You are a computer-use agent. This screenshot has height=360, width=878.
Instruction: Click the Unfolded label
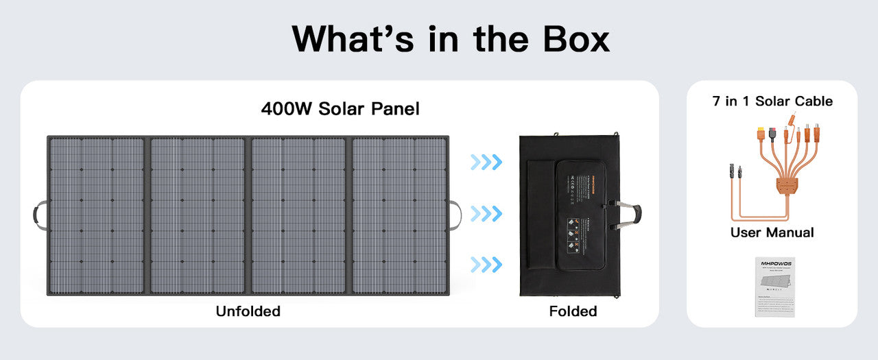pos(248,311)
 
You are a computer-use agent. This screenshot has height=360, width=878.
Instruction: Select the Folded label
pos(573,311)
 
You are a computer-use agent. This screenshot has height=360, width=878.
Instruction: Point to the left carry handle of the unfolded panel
pos(39,215)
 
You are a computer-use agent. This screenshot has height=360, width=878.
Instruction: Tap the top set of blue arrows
pos(486,163)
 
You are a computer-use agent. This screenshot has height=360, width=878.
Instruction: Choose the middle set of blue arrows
pos(486,214)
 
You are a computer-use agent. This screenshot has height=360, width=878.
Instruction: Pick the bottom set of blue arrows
pos(486,264)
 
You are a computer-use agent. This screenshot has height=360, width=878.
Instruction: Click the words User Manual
pos(772,232)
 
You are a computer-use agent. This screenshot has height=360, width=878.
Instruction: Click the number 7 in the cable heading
pos(716,101)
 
